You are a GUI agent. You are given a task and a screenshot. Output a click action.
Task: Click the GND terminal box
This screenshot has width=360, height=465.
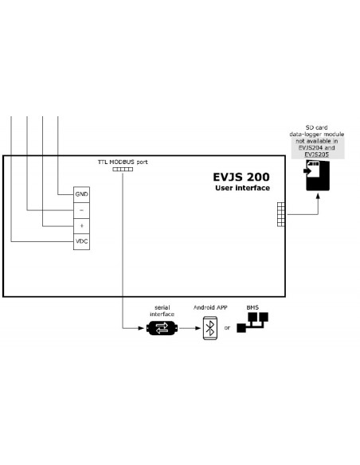click(x=81, y=194)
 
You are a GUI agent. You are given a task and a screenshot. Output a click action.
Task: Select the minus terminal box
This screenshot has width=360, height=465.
click(x=81, y=210)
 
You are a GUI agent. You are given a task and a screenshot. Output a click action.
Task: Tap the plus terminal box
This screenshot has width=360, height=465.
click(x=81, y=226)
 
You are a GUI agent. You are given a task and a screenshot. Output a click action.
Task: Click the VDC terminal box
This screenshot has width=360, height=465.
click(x=81, y=242)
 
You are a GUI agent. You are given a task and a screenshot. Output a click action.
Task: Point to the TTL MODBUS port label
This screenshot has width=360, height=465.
click(x=123, y=162)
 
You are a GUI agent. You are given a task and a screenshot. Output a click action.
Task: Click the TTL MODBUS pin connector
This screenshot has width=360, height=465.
click(x=123, y=170)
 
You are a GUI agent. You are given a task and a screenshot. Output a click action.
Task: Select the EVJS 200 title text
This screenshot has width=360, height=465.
click(x=241, y=177)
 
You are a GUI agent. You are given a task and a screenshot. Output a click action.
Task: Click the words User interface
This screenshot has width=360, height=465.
click(x=243, y=188)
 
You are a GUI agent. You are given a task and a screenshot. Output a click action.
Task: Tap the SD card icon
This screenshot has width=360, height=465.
click(x=317, y=175)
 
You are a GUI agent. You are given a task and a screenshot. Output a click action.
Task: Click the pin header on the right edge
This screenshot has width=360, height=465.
click(x=281, y=214)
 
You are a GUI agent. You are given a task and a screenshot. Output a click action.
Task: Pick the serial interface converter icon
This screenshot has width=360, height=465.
click(x=162, y=328)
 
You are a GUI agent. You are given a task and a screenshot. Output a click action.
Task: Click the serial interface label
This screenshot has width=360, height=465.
click(x=162, y=311)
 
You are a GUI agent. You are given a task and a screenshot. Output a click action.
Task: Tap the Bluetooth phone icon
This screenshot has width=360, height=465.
click(x=210, y=328)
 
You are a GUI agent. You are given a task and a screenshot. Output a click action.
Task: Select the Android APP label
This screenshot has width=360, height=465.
click(x=210, y=307)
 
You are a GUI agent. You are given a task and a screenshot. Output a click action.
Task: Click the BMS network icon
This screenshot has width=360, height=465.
click(x=252, y=322)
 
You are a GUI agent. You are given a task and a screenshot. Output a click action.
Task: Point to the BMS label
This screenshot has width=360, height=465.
click(x=252, y=307)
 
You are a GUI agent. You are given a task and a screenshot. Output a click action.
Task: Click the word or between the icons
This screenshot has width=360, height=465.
click(x=227, y=328)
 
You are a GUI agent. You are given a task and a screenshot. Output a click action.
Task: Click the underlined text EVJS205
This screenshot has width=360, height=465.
click(x=316, y=154)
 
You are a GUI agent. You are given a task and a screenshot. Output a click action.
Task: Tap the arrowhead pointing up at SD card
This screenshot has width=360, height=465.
click(x=318, y=196)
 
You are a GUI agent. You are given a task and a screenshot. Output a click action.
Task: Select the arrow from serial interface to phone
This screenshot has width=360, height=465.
click(x=190, y=328)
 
